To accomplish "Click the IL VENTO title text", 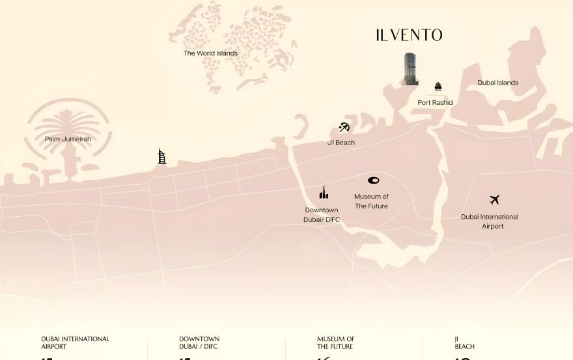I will (x=409, y=35).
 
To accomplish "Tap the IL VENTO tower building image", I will (x=410, y=69).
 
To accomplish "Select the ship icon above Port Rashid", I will (x=438, y=87).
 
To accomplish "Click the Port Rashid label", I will (x=435, y=103).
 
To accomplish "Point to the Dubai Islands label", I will (x=497, y=83).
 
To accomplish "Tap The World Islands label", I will (x=210, y=53).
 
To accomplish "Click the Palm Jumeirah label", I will (x=68, y=139).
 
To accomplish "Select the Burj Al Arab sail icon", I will (x=162, y=156).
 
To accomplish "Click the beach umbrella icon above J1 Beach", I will (x=344, y=128).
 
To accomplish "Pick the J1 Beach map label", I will (x=341, y=143).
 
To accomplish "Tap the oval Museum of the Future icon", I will (x=373, y=180).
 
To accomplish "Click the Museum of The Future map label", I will (x=371, y=201).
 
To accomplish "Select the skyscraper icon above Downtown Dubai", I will (x=324, y=193).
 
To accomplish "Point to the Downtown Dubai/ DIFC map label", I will (x=322, y=215).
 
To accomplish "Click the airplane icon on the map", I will (x=494, y=200).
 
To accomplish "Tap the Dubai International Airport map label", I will (x=490, y=221).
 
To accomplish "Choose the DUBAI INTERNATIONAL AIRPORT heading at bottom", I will (x=75, y=342).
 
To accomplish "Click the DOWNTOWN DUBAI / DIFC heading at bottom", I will (x=199, y=342).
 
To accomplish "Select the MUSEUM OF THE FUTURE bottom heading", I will (x=336, y=342).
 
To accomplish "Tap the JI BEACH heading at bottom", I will (x=464, y=342).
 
